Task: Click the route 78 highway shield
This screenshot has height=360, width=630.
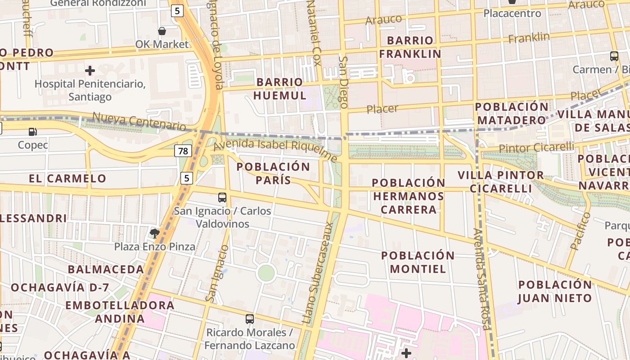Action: click(183, 151)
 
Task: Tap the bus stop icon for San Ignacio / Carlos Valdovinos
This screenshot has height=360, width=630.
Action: click(222, 197)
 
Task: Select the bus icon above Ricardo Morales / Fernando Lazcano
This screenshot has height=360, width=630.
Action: click(250, 319)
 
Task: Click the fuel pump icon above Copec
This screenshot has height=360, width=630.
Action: click(32, 132)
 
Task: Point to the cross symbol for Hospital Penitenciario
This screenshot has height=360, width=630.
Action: click(90, 71)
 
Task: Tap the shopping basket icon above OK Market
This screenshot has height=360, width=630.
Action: click(162, 31)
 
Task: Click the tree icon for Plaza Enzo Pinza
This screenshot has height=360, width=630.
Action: click(155, 233)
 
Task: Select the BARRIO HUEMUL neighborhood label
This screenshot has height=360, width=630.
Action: click(279, 89)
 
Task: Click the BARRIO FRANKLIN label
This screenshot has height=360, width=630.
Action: click(409, 47)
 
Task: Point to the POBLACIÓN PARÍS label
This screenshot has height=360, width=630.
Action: click(273, 173)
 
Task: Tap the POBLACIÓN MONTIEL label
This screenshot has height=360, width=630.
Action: click(418, 262)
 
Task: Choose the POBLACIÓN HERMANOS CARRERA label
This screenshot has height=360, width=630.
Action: click(409, 196)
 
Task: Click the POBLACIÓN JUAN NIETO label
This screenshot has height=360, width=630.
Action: click(555, 291)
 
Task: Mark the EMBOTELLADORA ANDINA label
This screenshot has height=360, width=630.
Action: click(119, 312)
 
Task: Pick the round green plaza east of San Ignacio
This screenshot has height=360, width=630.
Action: click(266, 273)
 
